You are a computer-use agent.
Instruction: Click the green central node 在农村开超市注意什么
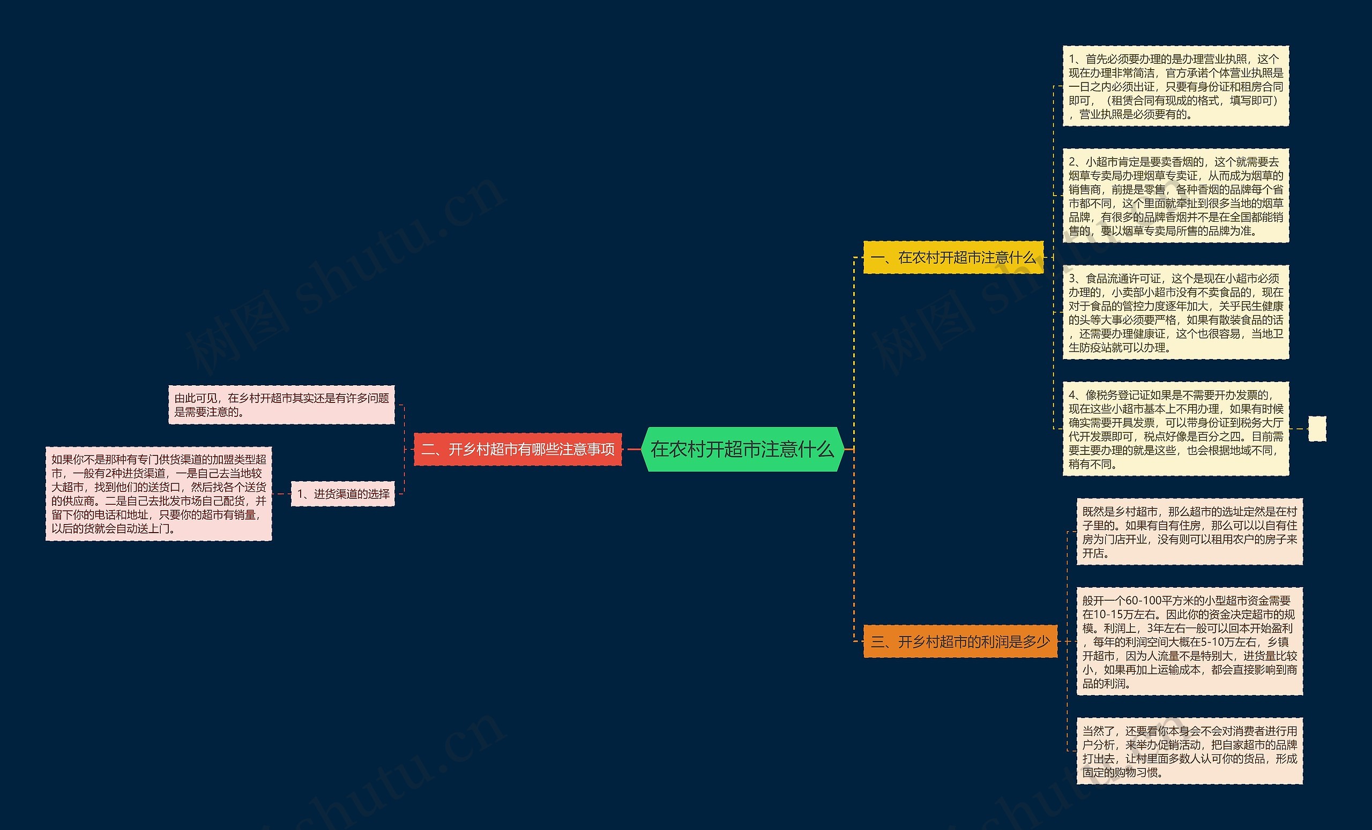pyautogui.click(x=743, y=449)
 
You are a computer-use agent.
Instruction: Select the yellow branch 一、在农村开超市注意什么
pyautogui.click(x=953, y=257)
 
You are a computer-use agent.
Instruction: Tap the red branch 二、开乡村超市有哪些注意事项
pyautogui.click(x=518, y=449)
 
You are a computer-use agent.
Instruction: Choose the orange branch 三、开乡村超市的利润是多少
pyautogui.click(x=960, y=642)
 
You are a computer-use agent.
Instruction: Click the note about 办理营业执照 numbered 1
pyautogui.click(x=1176, y=86)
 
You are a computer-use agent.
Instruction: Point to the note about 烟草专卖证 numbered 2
pyautogui.click(x=1176, y=196)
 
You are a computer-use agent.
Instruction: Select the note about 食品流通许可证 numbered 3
pyautogui.click(x=1176, y=312)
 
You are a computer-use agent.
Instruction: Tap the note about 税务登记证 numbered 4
pyautogui.click(x=1176, y=429)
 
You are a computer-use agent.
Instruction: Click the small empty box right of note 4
pyautogui.click(x=1317, y=429)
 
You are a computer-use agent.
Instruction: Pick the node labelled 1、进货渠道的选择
pyautogui.click(x=343, y=494)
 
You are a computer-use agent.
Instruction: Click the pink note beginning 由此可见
pyautogui.click(x=282, y=405)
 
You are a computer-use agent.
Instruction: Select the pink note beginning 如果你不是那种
pyautogui.click(x=159, y=494)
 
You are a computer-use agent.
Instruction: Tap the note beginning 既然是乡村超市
pyautogui.click(x=1190, y=532)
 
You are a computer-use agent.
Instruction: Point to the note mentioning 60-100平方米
pyautogui.click(x=1190, y=641)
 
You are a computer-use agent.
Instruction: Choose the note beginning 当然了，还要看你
pyautogui.click(x=1190, y=751)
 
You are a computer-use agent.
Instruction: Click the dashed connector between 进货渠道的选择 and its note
pyautogui.click(x=282, y=494)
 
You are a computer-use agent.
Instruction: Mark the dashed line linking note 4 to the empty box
pyautogui.click(x=1299, y=429)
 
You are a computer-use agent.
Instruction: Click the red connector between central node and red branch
pyautogui.click(x=632, y=449)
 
